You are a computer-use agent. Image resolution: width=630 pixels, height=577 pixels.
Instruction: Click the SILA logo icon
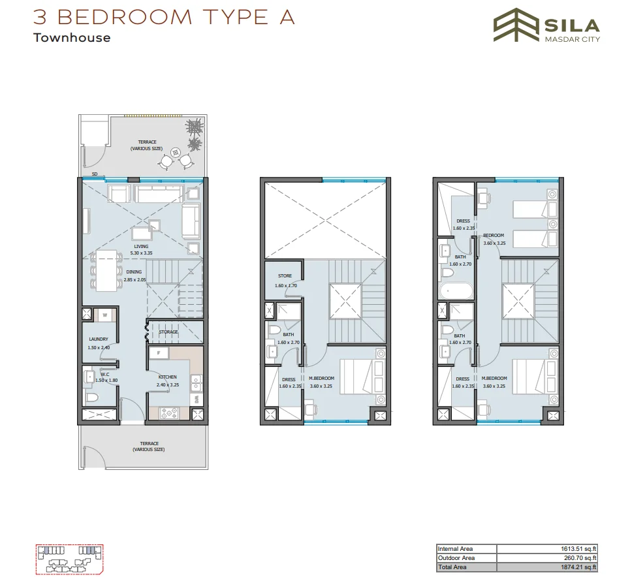coord(513,25)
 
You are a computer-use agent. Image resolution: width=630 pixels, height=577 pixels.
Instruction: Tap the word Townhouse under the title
coord(72,37)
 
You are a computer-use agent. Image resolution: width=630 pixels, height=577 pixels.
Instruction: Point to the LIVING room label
coord(141,247)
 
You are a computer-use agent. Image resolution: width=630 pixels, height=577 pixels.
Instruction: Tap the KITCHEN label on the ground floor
coord(168,377)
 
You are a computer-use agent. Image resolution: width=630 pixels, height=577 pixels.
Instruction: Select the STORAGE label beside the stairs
coord(168,332)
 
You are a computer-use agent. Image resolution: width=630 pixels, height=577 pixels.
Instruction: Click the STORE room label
coord(285,276)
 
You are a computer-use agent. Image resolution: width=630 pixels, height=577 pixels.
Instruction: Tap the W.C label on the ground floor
coord(104,375)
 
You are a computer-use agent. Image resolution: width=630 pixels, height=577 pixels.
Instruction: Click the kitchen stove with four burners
coord(169,413)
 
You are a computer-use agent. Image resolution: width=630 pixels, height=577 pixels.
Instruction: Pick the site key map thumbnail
coord(68,558)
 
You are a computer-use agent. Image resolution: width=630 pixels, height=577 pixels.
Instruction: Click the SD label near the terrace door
coord(95,175)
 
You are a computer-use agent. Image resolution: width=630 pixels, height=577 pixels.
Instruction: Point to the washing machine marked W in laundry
coord(104,315)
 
